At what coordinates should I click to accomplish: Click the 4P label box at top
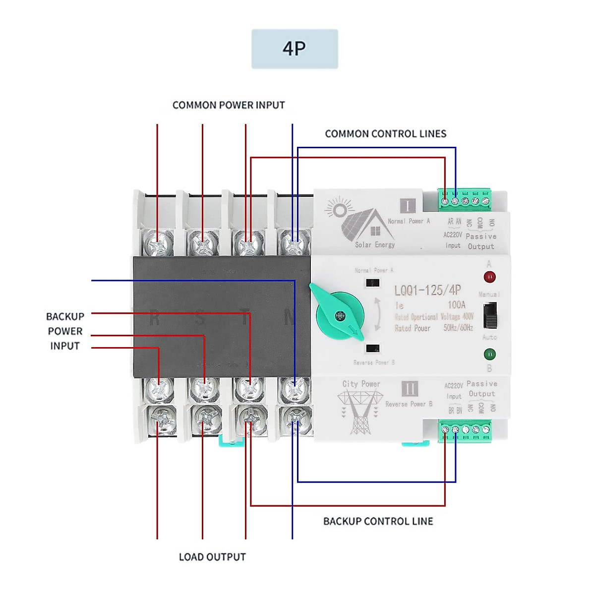click(x=295, y=49)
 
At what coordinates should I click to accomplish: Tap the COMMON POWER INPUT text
click(x=229, y=105)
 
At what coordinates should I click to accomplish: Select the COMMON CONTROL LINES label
click(x=385, y=134)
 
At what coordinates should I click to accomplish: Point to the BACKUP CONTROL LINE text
click(x=378, y=521)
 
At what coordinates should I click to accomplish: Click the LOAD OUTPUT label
click(x=212, y=557)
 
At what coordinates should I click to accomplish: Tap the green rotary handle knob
click(x=340, y=315)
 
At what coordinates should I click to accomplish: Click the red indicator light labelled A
click(x=489, y=277)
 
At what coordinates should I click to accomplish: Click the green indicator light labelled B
click(x=489, y=354)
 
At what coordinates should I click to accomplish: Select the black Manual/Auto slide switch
click(x=490, y=315)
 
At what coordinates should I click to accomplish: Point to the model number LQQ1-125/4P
click(x=427, y=290)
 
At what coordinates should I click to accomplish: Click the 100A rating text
click(x=456, y=304)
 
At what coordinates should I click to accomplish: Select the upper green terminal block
click(x=465, y=199)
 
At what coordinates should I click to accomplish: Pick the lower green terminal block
click(x=465, y=430)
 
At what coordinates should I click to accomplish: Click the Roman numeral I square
click(x=408, y=206)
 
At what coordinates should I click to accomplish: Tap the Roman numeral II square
click(x=410, y=388)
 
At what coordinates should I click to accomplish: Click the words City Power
click(x=361, y=384)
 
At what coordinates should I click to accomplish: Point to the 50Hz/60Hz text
click(x=458, y=328)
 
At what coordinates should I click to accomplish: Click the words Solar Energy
click(x=375, y=245)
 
